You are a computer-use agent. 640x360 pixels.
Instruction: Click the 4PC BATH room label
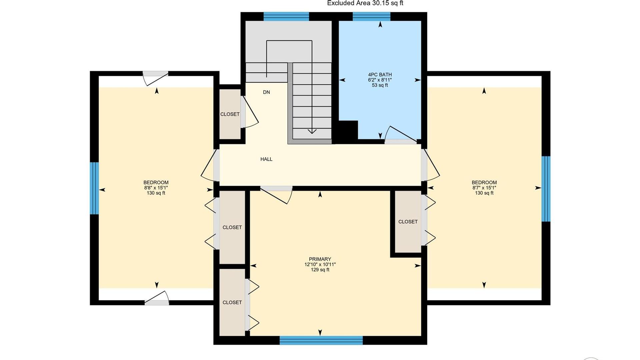click(380, 75)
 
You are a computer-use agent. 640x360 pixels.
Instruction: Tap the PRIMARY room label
click(320, 259)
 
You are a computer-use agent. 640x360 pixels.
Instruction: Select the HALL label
click(266, 159)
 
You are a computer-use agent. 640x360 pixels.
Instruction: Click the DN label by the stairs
click(266, 92)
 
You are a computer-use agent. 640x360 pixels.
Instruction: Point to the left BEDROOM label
click(156, 183)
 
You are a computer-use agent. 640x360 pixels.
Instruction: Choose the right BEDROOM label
click(484, 183)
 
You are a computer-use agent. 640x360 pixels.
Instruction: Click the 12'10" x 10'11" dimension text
click(320, 265)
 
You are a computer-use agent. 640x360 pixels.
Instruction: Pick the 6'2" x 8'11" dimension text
click(380, 80)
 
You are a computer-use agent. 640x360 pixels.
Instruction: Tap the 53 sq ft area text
click(380, 85)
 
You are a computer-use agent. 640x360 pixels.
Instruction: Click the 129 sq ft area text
click(320, 270)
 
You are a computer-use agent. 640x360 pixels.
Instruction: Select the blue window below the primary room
click(321, 340)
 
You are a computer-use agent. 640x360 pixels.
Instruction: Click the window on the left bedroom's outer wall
click(94, 188)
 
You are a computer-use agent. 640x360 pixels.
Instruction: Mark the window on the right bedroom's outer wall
click(546, 189)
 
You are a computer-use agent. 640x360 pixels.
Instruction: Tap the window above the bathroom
click(371, 16)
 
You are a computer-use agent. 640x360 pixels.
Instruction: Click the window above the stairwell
click(286, 16)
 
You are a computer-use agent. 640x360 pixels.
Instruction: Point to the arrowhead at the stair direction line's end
click(312, 131)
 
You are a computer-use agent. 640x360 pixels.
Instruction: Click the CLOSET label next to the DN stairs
click(230, 114)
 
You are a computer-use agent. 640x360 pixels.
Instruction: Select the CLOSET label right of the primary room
click(408, 222)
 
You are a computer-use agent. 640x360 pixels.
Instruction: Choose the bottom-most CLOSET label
click(232, 303)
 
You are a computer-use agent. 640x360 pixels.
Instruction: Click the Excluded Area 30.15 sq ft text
click(365, 3)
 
